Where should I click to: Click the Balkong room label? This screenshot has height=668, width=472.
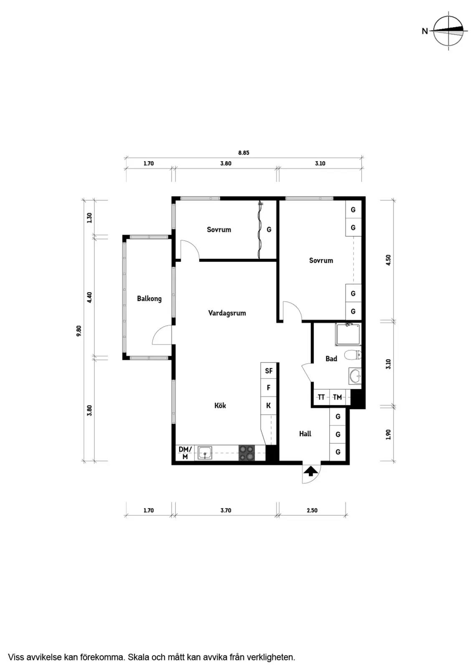[x=149, y=299]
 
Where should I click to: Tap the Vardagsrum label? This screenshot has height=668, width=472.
[x=227, y=313]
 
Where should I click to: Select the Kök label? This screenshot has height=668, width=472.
[x=220, y=405]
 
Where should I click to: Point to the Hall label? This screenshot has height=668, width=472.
[x=305, y=434]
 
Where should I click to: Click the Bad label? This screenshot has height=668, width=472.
[x=331, y=359]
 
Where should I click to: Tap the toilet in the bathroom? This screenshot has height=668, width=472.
[x=352, y=355]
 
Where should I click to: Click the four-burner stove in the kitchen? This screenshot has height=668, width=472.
[x=247, y=453]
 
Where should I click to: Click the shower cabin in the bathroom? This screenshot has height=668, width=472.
[x=348, y=334]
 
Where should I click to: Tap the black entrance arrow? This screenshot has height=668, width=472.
[x=310, y=471]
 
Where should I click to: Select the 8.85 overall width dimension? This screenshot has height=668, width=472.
[x=244, y=153]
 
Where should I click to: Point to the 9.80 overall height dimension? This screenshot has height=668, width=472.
[x=79, y=331]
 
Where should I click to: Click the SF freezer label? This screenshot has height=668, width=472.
[x=269, y=371]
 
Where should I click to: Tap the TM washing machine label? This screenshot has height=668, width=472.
[x=337, y=397]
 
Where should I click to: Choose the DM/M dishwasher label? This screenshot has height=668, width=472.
[x=185, y=453]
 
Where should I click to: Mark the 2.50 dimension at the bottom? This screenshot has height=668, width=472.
[x=312, y=510]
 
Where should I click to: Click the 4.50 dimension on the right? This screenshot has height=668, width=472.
[x=388, y=260]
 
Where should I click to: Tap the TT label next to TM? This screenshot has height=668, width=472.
[x=321, y=397]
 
